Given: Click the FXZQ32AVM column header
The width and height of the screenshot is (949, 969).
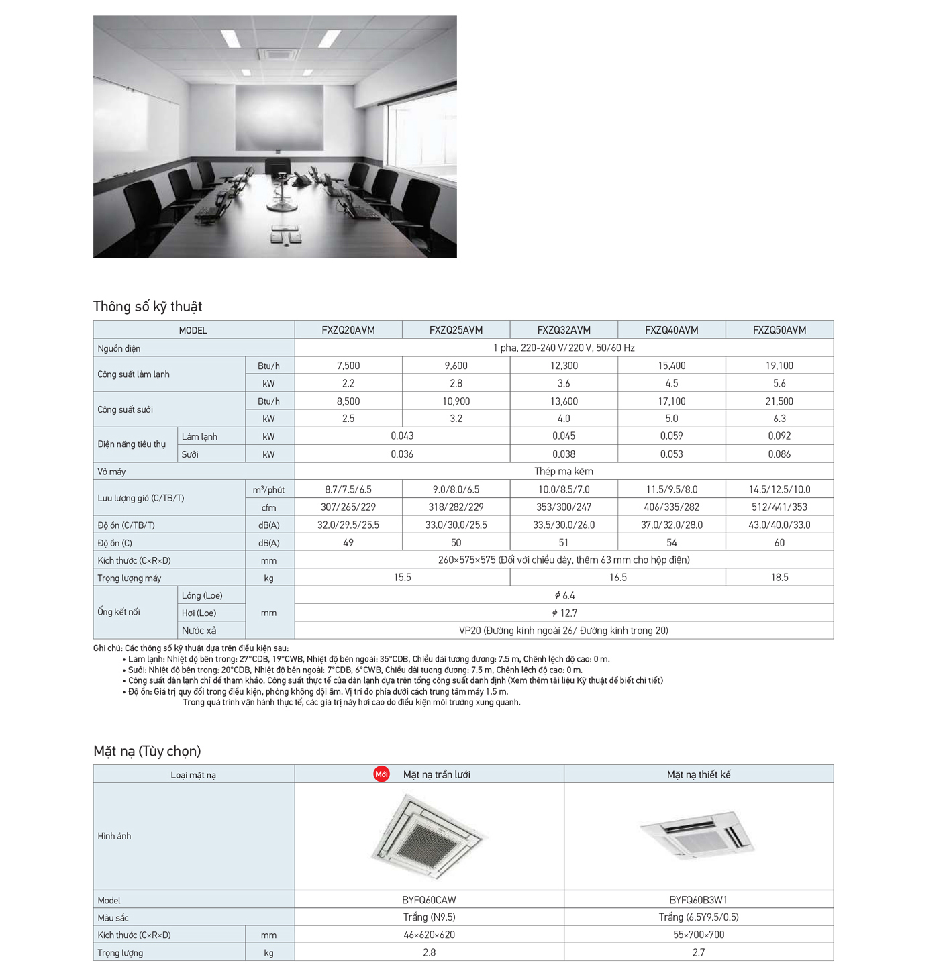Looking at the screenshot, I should [564, 330].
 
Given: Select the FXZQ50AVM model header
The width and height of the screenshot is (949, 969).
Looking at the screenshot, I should [779, 330].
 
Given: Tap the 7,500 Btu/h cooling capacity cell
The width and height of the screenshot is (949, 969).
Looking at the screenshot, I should [348, 366].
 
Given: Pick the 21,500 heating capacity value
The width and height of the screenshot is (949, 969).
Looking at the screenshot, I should [779, 401].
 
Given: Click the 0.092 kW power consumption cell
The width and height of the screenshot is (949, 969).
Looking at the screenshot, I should [779, 436].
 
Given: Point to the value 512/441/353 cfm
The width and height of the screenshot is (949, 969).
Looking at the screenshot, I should [779, 507].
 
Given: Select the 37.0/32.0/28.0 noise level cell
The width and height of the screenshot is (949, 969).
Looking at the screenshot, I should [671, 525].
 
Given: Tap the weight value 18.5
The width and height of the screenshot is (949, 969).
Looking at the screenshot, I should [779, 578].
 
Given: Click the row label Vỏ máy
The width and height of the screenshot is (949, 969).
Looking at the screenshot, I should [111, 472].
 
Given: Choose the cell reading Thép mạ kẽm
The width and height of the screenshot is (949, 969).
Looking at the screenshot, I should [564, 472].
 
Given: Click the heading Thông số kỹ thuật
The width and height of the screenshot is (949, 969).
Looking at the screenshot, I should [148, 307].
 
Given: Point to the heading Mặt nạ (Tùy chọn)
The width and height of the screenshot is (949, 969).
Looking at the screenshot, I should [147, 751].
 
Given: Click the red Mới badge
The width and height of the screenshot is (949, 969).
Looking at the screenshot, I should [382, 774].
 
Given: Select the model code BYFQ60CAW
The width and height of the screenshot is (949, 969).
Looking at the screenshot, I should [429, 900].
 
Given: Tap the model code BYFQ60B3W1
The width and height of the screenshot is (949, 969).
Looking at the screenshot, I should [698, 900].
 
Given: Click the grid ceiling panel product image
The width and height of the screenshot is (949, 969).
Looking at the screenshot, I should [430, 836].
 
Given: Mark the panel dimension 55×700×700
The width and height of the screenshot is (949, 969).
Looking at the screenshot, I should [698, 935].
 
